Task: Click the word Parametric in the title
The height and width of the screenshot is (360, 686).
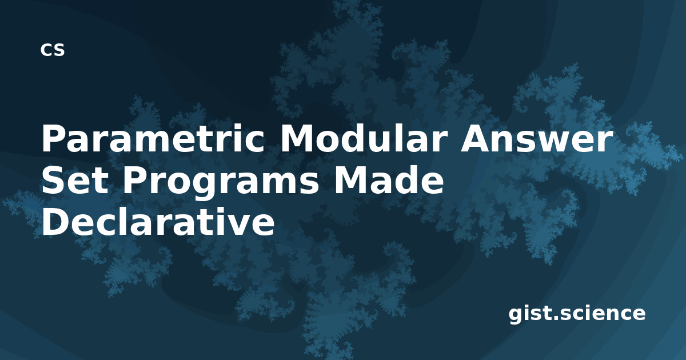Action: [153, 139]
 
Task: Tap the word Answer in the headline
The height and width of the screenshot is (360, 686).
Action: [537, 139]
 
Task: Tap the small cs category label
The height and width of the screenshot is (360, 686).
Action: [53, 50]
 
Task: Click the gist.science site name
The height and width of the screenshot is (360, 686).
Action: [577, 314]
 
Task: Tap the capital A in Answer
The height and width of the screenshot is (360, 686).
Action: [475, 139]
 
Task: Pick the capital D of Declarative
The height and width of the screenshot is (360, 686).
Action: [55, 221]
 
